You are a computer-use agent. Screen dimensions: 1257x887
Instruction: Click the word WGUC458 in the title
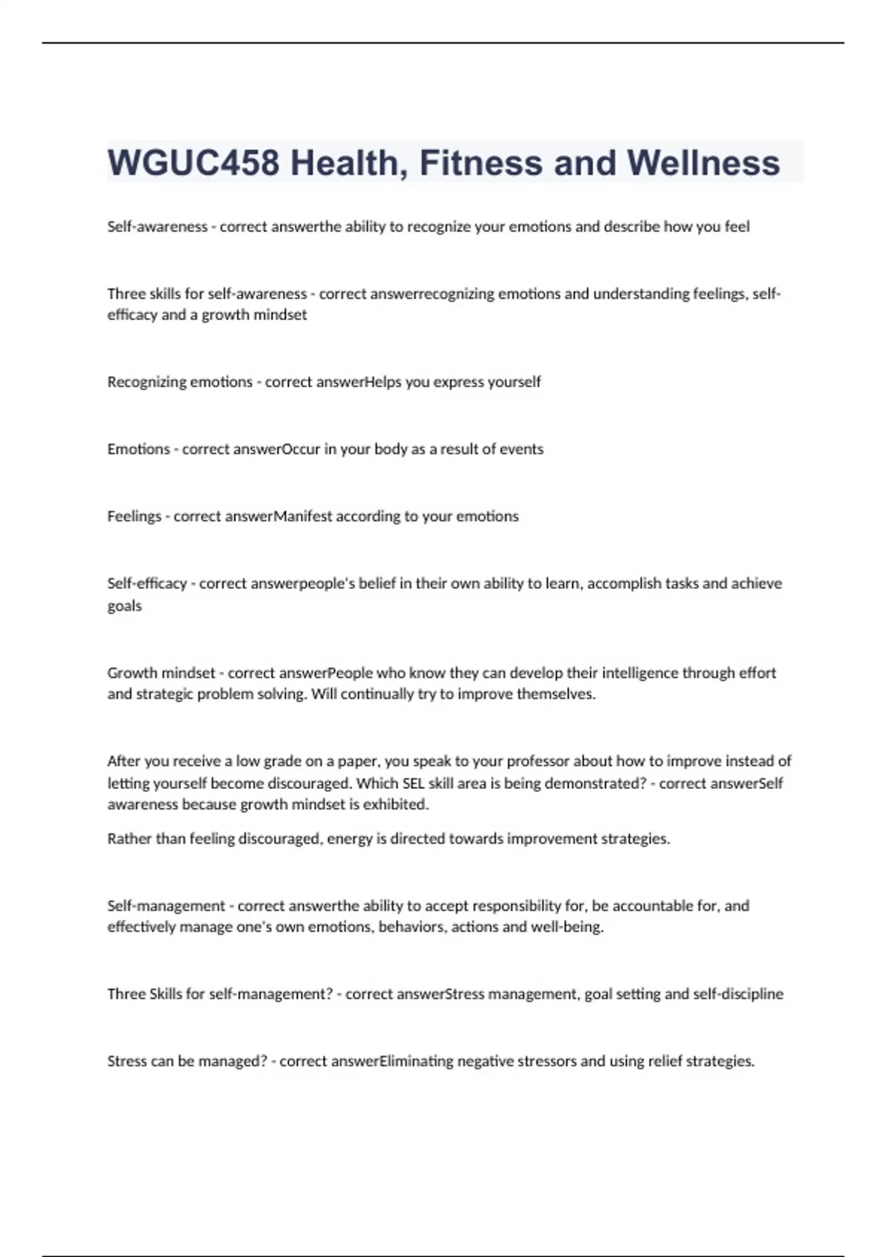tap(194, 163)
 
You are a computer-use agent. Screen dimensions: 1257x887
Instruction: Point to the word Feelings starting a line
tap(134, 516)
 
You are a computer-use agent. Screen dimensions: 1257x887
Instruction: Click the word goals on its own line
tap(124, 606)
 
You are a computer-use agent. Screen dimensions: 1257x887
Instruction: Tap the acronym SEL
tap(413, 783)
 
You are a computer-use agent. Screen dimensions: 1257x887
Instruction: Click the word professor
tap(532, 761)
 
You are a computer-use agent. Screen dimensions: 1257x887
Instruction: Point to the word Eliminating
tap(417, 1061)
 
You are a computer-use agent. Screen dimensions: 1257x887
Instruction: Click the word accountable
tap(653, 906)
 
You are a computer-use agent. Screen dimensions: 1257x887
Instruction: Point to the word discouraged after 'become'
tap(308, 783)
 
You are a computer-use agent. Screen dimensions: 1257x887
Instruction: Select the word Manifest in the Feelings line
tap(303, 516)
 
